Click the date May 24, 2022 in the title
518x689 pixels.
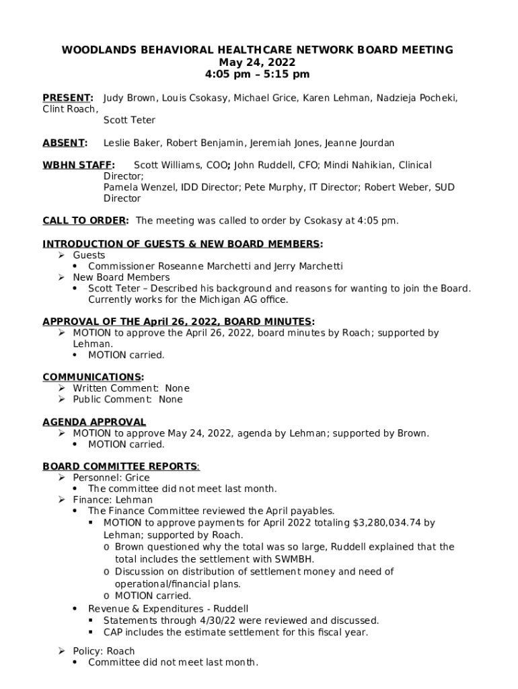point(258,62)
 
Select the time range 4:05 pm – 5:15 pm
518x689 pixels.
point(258,74)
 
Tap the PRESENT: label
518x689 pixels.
point(68,98)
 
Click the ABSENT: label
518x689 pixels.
point(65,143)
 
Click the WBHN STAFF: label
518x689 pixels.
point(79,165)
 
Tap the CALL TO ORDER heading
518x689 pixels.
point(85,221)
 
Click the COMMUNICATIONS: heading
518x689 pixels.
point(93,377)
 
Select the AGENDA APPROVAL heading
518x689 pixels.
point(94,422)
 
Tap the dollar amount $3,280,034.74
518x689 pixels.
point(387,522)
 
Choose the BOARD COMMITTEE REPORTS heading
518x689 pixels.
point(120,466)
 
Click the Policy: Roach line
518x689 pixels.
point(104,651)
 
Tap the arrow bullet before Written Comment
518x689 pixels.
point(61,388)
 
